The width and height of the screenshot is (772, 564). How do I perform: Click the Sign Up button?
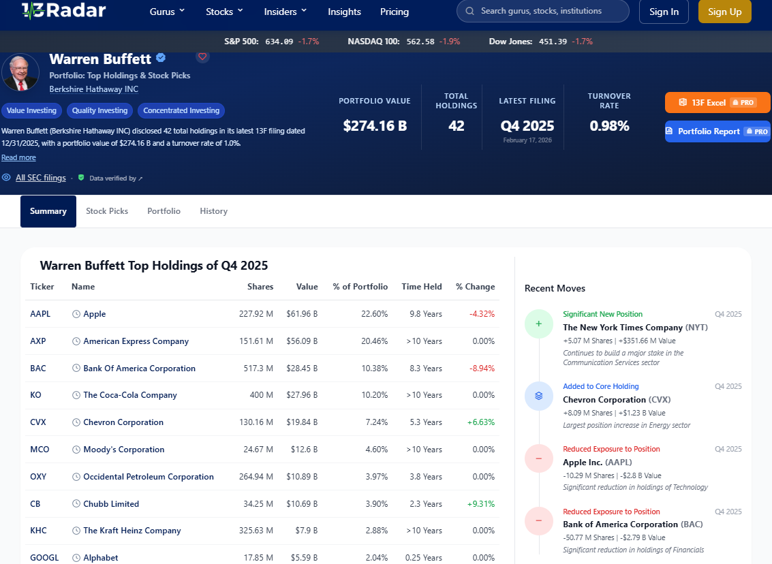[x=724, y=12]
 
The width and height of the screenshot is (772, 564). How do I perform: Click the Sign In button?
[x=664, y=12]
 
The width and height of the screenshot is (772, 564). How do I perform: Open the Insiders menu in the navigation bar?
[x=285, y=12]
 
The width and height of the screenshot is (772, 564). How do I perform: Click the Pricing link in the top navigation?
[x=395, y=12]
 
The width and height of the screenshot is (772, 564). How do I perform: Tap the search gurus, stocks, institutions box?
[x=542, y=11]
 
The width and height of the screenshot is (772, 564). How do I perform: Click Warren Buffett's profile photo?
[x=20, y=72]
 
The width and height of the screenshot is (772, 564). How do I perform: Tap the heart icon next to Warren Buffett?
[x=202, y=57]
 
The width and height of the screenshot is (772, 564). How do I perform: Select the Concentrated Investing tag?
[x=181, y=110]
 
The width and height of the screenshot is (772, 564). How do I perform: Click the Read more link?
[x=18, y=157]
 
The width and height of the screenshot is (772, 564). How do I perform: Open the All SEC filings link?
[x=41, y=178]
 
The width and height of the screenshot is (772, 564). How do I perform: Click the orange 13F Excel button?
[x=717, y=102]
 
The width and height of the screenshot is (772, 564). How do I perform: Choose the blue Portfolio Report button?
[x=717, y=131]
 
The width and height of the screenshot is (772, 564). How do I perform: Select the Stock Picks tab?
[x=107, y=211]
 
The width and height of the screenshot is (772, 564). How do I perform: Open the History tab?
[x=214, y=211]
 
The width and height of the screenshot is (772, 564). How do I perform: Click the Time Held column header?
[x=422, y=287]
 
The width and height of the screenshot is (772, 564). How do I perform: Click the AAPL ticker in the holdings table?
[x=40, y=314]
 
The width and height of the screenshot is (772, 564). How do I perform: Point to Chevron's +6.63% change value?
[x=481, y=422]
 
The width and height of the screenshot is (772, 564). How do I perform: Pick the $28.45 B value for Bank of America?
[x=302, y=368]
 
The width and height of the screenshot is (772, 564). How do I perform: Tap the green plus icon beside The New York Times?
[x=538, y=324]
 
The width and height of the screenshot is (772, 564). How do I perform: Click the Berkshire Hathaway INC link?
[x=93, y=89]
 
